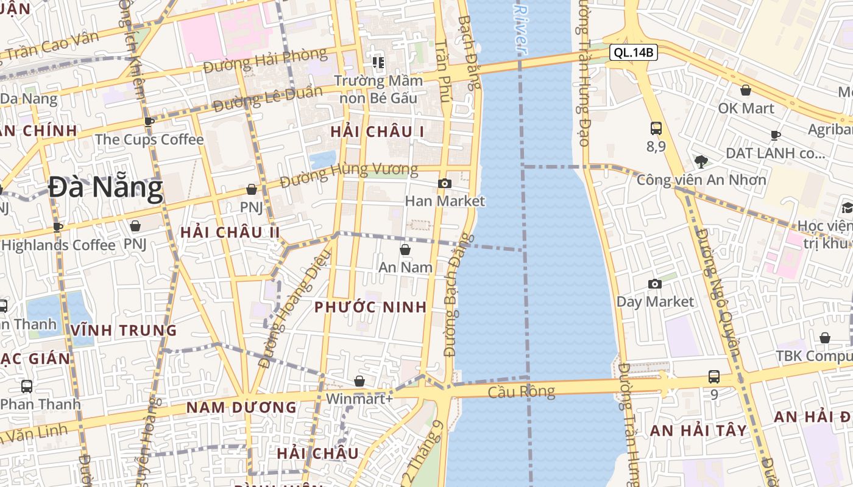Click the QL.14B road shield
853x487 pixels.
click(x=634, y=52)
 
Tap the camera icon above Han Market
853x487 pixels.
click(x=445, y=183)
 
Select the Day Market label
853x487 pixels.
click(x=655, y=301)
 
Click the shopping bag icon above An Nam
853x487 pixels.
click(x=405, y=250)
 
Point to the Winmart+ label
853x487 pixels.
click(x=359, y=399)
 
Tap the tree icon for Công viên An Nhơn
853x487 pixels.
click(x=701, y=162)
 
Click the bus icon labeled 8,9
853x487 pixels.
click(x=656, y=128)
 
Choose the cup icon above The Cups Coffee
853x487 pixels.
click(x=149, y=122)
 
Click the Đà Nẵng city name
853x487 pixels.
click(x=105, y=188)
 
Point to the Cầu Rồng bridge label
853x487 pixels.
click(x=522, y=391)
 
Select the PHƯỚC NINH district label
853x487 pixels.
click(x=370, y=307)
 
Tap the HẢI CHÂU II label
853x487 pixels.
click(x=230, y=232)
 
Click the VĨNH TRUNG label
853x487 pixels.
click(x=124, y=331)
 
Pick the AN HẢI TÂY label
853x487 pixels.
click(x=698, y=430)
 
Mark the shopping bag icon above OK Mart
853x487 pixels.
click(x=745, y=91)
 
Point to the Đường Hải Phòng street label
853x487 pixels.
click(x=265, y=61)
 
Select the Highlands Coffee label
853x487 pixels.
click(x=58, y=245)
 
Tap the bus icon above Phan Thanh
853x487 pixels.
click(x=27, y=386)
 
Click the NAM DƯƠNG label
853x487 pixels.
click(x=241, y=407)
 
